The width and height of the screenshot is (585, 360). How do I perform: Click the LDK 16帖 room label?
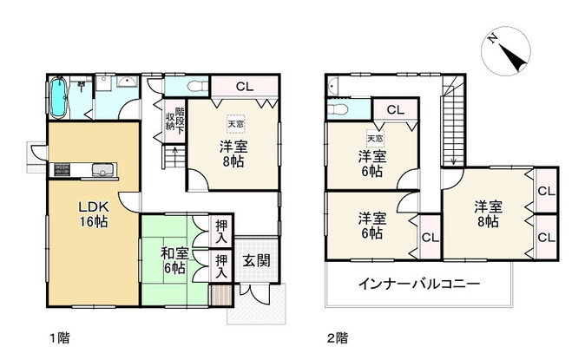coord(93,214)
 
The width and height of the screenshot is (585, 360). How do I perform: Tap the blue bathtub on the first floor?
coord(58,97)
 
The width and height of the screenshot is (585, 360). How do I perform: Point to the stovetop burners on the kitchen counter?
coord(62,170)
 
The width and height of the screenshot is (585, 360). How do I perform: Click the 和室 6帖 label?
coord(174,260)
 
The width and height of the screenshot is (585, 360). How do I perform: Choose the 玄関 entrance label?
coord(256,261)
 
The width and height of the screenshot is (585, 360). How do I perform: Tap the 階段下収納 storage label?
coord(175,121)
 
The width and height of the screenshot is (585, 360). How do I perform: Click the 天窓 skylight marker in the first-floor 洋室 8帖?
coord(236,124)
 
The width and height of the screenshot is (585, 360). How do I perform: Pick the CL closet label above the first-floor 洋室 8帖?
coord(245,87)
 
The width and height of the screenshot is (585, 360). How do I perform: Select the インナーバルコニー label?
coord(419,285)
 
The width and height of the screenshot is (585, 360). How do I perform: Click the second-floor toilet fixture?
coord(338,109)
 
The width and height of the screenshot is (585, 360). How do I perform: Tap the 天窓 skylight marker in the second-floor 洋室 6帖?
coord(375,139)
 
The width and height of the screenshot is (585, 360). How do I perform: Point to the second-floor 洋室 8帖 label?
coord(489,214)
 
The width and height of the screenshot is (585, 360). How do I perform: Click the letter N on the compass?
coord(492,38)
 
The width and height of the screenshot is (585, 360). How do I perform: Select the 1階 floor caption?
coord(60,338)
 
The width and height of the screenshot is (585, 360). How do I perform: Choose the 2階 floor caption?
coord(338,338)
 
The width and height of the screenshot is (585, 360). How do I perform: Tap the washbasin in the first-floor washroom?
coord(128,82)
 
